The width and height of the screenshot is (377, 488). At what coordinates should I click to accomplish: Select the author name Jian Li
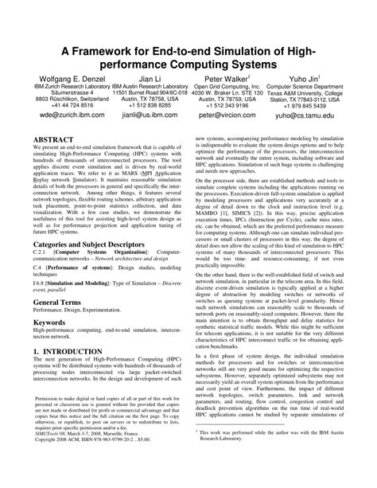tap(148, 79)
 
